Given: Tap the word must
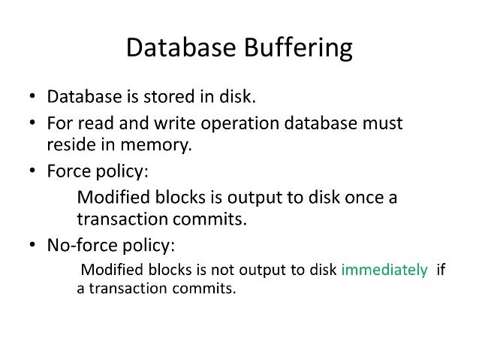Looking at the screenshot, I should pyautogui.click(x=381, y=122).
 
